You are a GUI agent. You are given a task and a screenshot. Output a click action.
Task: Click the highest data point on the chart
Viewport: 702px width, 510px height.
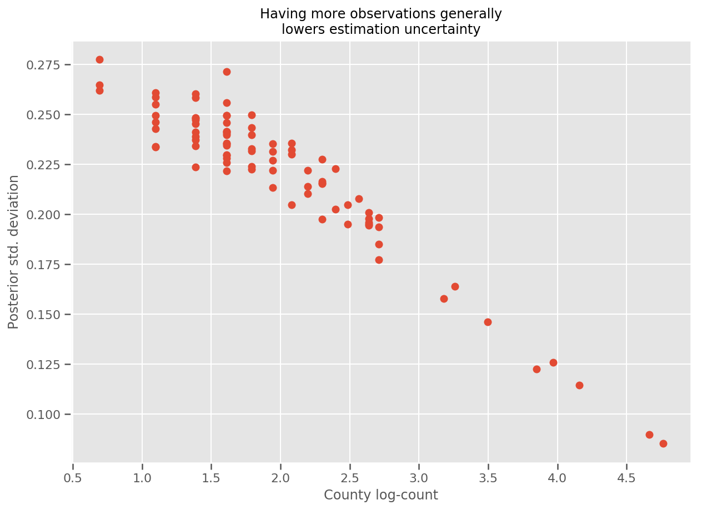point(99,59)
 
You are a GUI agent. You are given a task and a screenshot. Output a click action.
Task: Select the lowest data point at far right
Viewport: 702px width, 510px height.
point(663,443)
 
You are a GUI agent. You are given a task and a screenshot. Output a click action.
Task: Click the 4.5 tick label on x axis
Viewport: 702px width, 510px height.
point(626,478)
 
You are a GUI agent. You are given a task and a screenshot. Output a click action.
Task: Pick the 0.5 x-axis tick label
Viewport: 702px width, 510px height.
point(73,478)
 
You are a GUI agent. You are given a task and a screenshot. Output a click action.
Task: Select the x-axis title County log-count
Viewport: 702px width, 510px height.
point(381,495)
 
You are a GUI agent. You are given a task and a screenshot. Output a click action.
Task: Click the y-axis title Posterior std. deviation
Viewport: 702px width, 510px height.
point(14,252)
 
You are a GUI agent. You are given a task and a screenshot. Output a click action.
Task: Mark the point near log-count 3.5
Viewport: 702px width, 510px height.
point(488,322)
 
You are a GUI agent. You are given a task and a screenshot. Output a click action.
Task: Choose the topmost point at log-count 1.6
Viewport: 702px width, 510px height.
point(227,72)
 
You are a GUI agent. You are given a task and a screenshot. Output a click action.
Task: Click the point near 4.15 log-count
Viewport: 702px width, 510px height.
point(579,385)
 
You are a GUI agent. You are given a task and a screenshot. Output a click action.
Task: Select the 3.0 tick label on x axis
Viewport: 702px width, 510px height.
point(419,478)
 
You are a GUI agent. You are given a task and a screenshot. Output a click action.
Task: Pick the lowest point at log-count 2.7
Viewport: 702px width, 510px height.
point(379,260)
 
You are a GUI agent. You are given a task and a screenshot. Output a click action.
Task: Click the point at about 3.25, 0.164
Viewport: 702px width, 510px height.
point(455,286)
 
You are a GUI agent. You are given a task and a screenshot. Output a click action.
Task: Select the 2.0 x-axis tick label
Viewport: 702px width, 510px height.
point(280,478)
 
